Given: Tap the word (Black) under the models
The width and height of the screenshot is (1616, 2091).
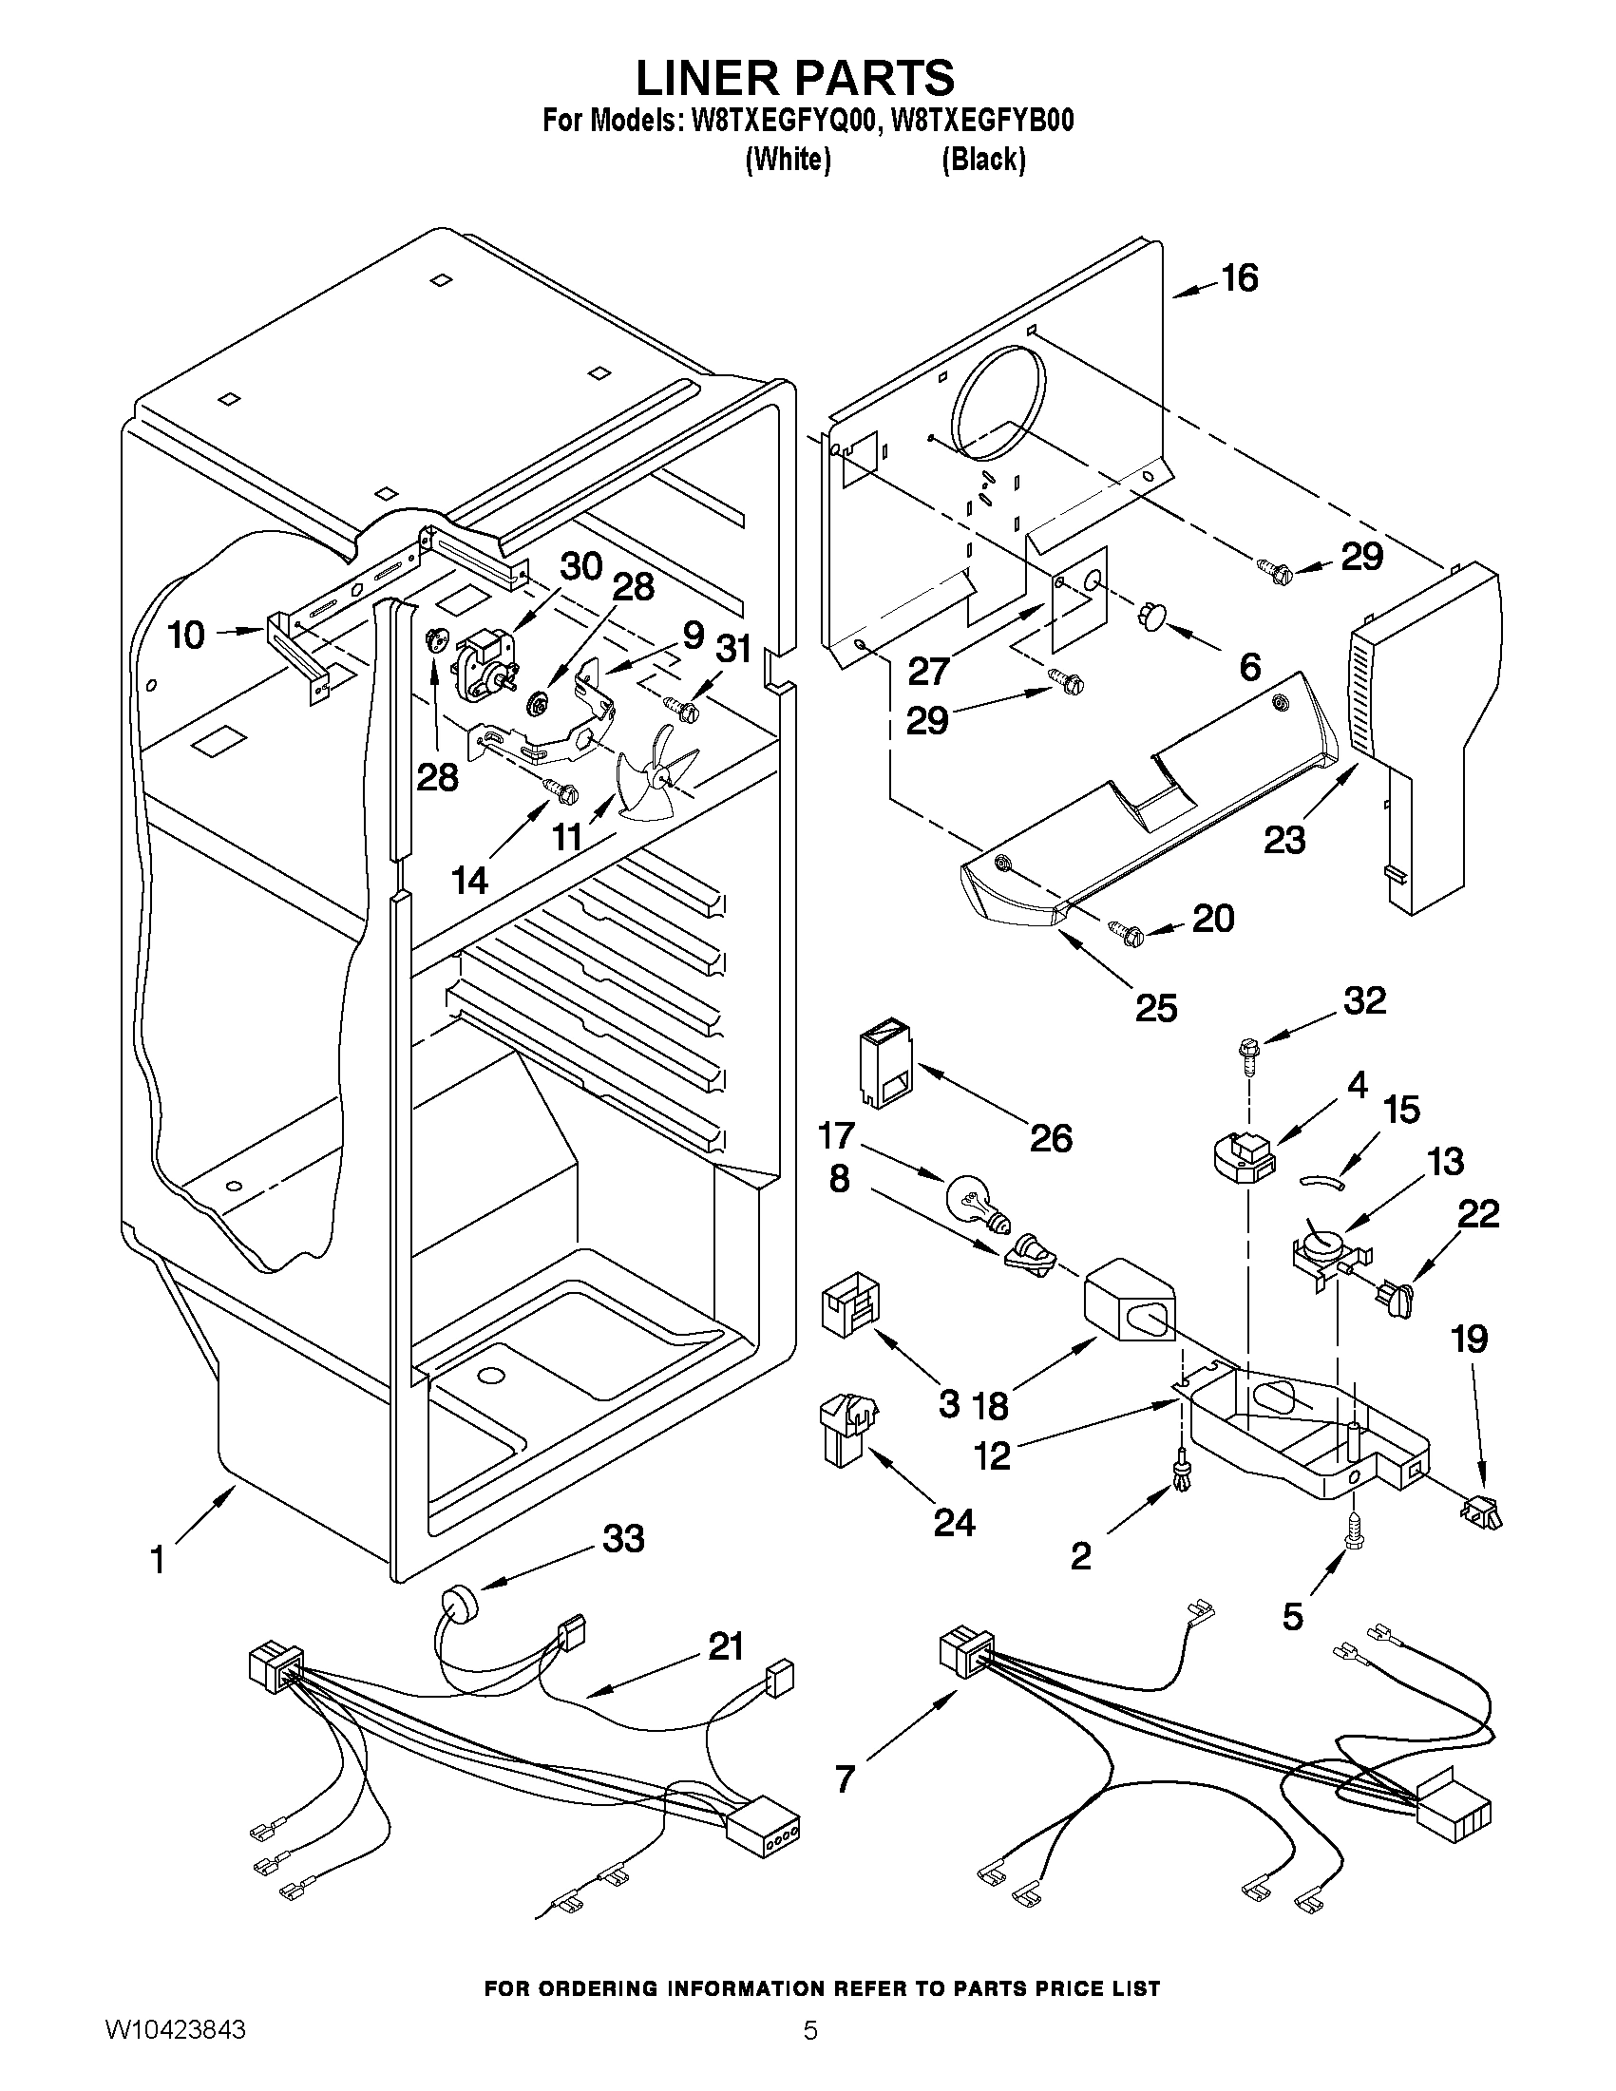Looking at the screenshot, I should click(984, 159).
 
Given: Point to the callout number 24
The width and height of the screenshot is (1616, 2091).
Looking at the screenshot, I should click(954, 1521).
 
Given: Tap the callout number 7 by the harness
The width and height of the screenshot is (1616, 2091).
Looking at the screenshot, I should click(844, 1778).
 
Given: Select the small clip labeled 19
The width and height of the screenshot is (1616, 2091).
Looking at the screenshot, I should click(1480, 1512).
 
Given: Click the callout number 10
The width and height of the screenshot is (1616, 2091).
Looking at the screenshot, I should click(187, 634).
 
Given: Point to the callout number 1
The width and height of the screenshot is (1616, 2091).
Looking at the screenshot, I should click(158, 1561).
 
